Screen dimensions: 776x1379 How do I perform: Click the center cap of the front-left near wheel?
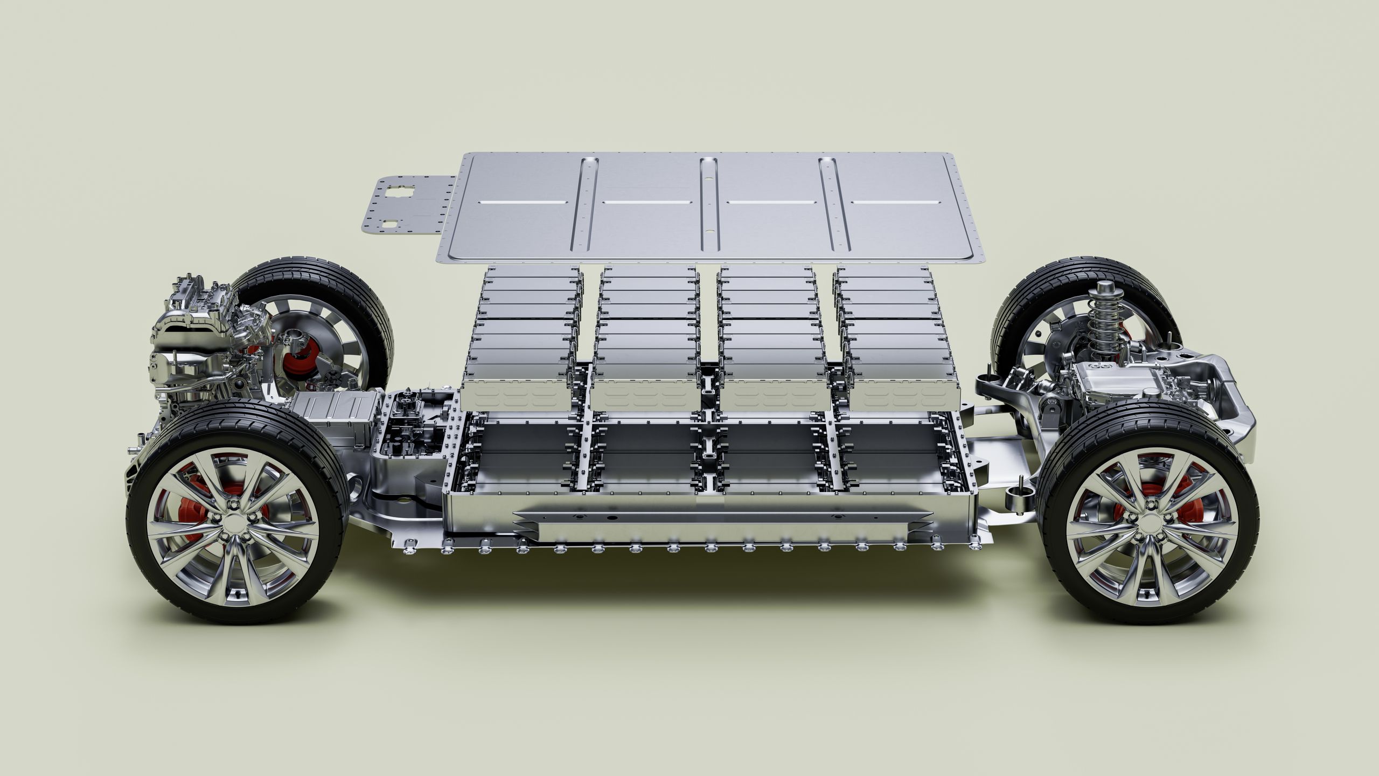pos(235,523)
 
